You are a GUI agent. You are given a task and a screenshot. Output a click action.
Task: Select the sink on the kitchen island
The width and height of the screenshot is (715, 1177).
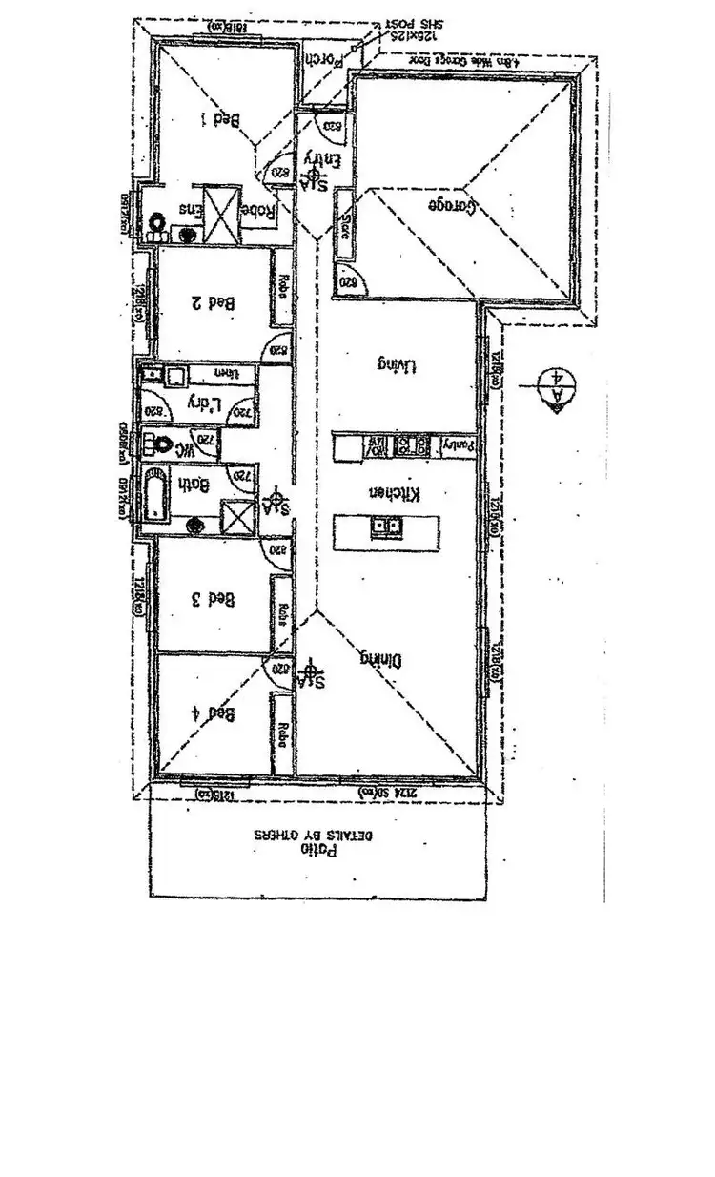(387, 526)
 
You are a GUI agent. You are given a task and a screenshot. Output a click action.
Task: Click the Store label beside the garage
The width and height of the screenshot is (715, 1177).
(344, 227)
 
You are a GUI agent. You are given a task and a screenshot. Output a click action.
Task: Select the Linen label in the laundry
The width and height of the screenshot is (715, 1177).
(225, 372)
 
